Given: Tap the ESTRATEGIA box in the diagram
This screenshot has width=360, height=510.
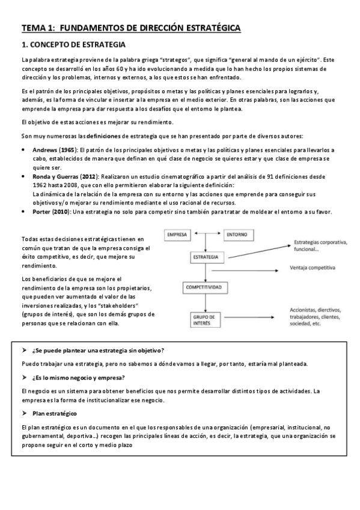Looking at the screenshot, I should pos(206,257).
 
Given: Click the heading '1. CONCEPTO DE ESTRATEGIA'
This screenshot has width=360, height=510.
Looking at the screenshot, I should pos(73,45).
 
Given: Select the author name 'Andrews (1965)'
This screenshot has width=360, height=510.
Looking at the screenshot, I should pos(53,149).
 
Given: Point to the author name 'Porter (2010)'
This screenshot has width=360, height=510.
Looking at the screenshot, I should pos(51,212).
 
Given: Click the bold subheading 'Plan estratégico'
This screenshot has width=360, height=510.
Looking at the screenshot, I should pos(55,414).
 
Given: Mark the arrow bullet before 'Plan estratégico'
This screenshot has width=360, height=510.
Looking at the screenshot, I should pos(24,414).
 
